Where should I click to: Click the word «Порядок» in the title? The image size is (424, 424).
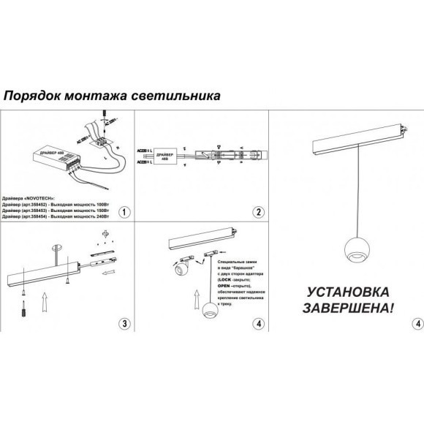click(32, 96)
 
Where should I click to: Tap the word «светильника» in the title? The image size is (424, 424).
click(175, 96)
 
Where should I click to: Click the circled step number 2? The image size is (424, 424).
click(258, 213)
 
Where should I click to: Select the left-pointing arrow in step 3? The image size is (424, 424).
click(108, 275)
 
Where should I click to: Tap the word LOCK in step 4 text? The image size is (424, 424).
click(224, 280)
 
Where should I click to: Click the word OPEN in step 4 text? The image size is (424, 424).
click(224, 287)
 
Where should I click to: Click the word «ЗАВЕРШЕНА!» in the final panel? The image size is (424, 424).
click(348, 308)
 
